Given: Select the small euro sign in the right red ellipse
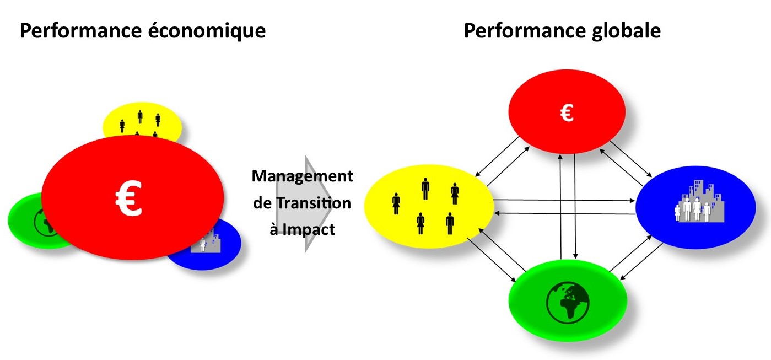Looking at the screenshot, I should coord(567,113).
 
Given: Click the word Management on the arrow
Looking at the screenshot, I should coord(302,177).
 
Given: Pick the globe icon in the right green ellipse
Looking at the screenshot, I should coord(568,303).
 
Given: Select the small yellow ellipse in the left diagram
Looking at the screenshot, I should coord(142,121).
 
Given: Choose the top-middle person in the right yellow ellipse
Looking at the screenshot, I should coord(425,189).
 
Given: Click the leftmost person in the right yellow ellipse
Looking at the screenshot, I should coord(396,203).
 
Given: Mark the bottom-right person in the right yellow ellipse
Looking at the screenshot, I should coord(450,223).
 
